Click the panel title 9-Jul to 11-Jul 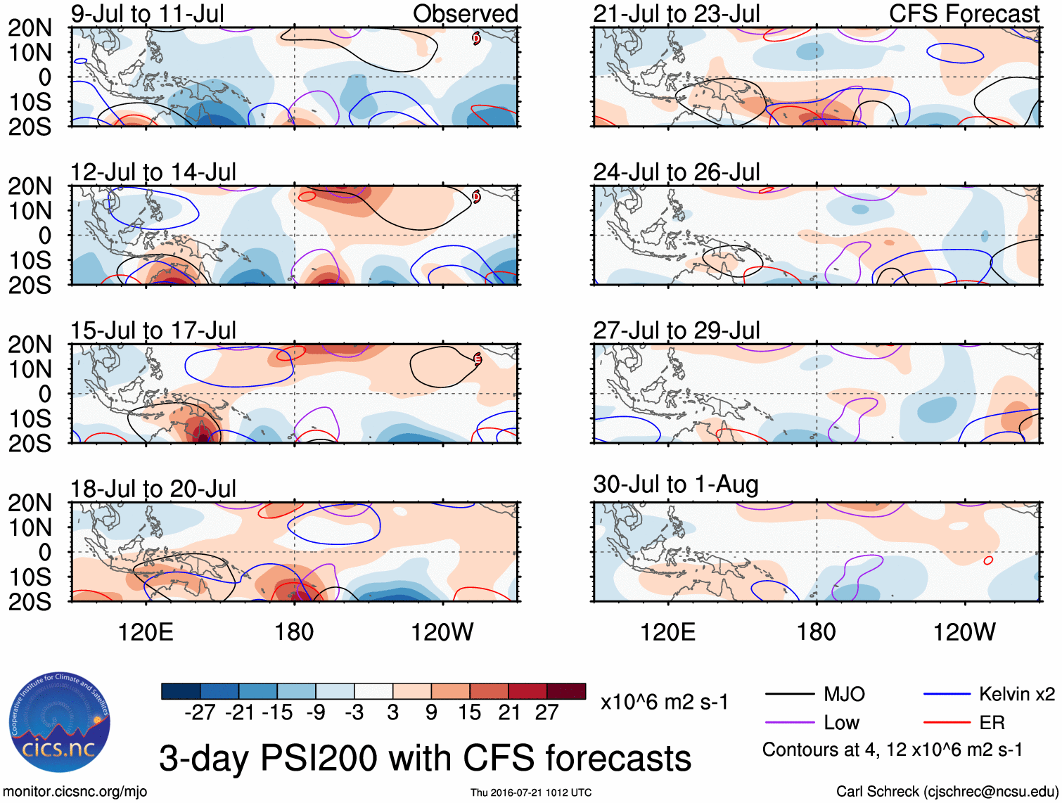click(147, 13)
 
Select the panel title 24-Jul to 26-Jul click(676, 172)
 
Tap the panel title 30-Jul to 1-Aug click(675, 484)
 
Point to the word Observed click(465, 13)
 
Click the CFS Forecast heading click(964, 13)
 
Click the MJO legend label click(844, 695)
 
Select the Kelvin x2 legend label click(1016, 695)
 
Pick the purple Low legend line click(789, 722)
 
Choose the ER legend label click(992, 722)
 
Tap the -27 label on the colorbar click(200, 712)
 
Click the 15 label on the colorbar click(469, 712)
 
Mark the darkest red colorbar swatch click(566, 691)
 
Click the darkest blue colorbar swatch click(181, 691)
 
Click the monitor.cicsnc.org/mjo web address click(75, 792)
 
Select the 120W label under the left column click(442, 632)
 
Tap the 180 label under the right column click(816, 632)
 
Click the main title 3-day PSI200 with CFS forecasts click(425, 758)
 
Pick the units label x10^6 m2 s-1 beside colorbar click(664, 702)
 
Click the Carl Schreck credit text click(946, 792)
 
